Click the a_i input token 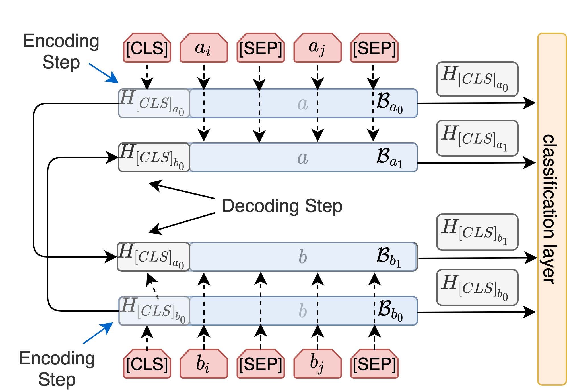pos(204,48)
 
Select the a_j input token pos(317,48)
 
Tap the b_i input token pos(204,364)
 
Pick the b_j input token pos(317,364)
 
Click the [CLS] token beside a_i pos(147,48)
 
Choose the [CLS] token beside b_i pos(147,364)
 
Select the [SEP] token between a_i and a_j pos(261,48)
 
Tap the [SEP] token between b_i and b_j pos(261,364)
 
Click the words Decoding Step pos(282,206)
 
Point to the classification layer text pos(549,209)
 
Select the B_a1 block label pos(389,158)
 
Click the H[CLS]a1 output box pos(477,138)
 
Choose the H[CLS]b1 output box pos(477,232)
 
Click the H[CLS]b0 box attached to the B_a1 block pos(154,158)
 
